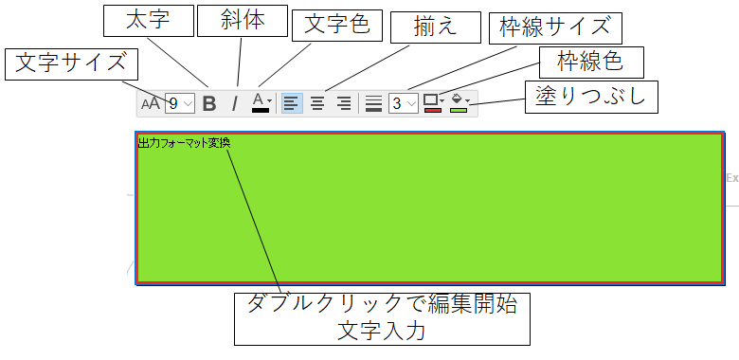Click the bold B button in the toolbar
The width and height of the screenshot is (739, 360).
(x=210, y=103)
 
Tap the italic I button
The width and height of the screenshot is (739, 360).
(x=235, y=103)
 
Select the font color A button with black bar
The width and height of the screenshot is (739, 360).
(x=261, y=102)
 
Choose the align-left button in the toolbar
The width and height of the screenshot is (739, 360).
(x=292, y=102)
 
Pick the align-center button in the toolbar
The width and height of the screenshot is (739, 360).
(x=318, y=102)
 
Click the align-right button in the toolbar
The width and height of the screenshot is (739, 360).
(x=344, y=102)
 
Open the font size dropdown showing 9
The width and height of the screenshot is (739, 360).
(x=180, y=103)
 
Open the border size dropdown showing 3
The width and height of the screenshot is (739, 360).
(x=404, y=103)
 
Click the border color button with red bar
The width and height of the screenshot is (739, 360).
(x=433, y=102)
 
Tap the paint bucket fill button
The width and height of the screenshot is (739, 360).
(x=459, y=102)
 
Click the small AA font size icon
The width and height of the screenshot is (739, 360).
(x=152, y=103)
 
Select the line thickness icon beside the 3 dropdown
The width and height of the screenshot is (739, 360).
(x=373, y=102)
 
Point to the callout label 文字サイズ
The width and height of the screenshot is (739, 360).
(x=71, y=64)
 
